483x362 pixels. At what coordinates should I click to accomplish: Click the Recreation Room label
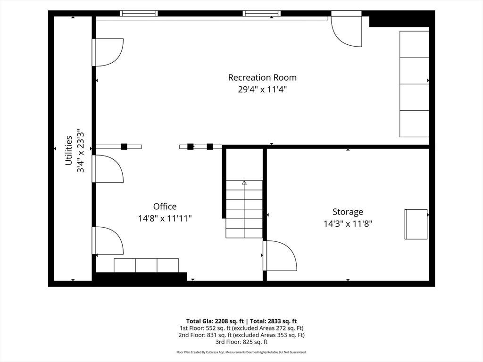click(262, 77)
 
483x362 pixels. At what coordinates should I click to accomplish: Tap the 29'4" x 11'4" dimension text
click(262, 90)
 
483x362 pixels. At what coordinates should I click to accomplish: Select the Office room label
click(165, 206)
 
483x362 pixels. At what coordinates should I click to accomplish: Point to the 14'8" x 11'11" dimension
click(165, 219)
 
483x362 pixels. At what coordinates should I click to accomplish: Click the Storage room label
click(348, 212)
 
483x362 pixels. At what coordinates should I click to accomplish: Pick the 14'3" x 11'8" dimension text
click(348, 224)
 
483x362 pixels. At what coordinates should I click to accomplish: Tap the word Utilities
click(68, 150)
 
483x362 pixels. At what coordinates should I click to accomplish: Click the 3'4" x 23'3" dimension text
click(80, 150)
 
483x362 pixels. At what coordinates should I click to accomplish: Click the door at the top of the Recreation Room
click(346, 29)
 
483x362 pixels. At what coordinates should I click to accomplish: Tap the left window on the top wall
click(139, 13)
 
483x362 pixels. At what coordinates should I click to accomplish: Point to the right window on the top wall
click(262, 13)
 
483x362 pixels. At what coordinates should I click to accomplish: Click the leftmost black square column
click(124, 147)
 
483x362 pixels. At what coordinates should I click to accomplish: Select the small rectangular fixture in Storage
click(416, 224)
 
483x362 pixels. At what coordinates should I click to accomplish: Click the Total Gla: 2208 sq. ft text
click(215, 321)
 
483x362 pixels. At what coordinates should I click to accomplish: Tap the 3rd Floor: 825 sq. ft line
click(241, 342)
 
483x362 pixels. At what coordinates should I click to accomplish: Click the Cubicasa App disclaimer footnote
click(241, 352)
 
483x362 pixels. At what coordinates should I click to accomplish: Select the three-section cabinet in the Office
click(146, 265)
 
